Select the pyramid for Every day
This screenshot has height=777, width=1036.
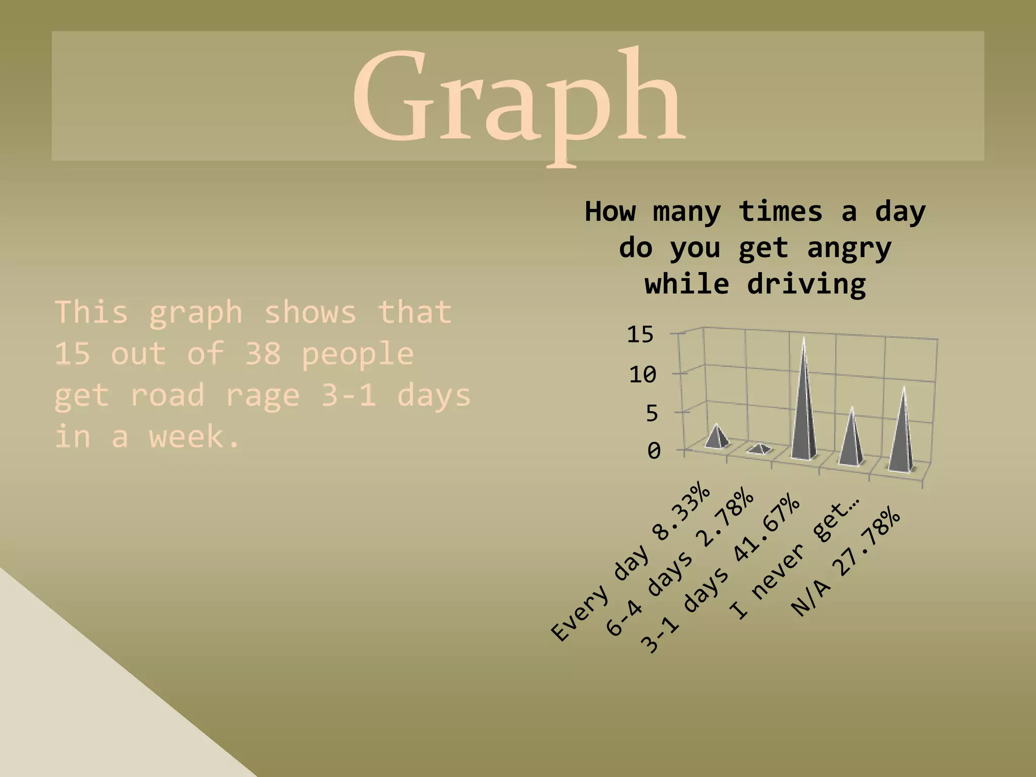(x=717, y=438)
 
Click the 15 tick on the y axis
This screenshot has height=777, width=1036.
(x=640, y=335)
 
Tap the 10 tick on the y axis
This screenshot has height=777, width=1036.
(x=642, y=375)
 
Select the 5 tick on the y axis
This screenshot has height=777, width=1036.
(x=652, y=414)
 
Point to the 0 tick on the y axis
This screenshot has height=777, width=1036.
(x=654, y=451)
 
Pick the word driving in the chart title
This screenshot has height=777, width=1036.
(x=806, y=284)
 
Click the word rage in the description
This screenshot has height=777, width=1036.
(x=263, y=396)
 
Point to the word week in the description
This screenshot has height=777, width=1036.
(x=193, y=437)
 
